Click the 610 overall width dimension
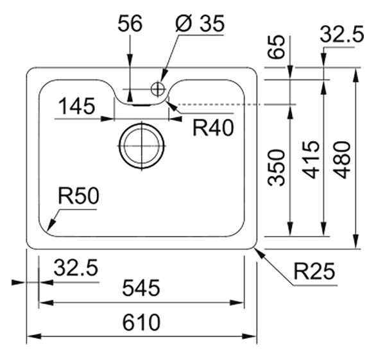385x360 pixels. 141,322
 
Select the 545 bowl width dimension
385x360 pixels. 141,287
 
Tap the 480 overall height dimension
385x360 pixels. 343,160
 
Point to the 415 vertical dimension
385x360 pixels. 311,160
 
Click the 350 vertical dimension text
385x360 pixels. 277,167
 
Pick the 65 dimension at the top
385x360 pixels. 276,47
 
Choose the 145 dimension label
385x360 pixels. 77,107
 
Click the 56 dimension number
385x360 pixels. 130,23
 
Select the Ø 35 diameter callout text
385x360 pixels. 200,23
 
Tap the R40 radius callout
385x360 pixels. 213,128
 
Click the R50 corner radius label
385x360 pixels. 78,196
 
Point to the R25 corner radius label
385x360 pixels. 314,271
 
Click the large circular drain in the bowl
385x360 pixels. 142,146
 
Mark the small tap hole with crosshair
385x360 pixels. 158,89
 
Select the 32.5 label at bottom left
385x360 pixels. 76,267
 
